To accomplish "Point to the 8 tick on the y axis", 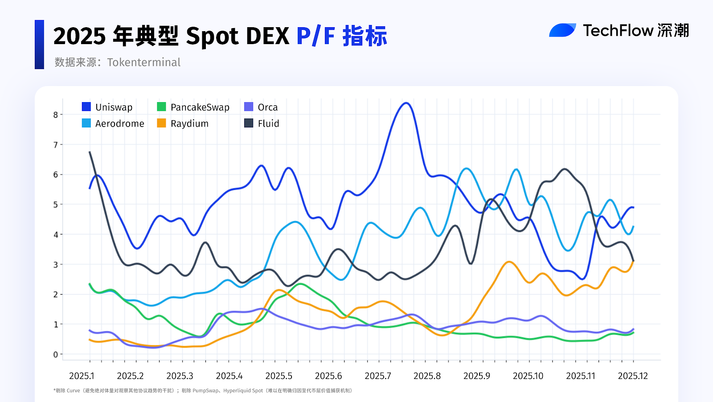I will (56, 115).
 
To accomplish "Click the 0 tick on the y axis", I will (56, 354).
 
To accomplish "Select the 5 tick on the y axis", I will (56, 205).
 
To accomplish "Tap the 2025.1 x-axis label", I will (82, 376).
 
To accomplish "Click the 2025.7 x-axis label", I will (378, 376).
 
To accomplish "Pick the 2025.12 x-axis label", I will (633, 376).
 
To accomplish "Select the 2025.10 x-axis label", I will (528, 376).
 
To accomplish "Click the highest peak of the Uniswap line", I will (406, 103).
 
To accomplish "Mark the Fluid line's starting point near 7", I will (90, 152).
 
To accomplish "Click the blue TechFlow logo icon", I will (562, 30).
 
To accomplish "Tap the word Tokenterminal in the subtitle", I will (143, 62).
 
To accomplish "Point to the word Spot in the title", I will (212, 36).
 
